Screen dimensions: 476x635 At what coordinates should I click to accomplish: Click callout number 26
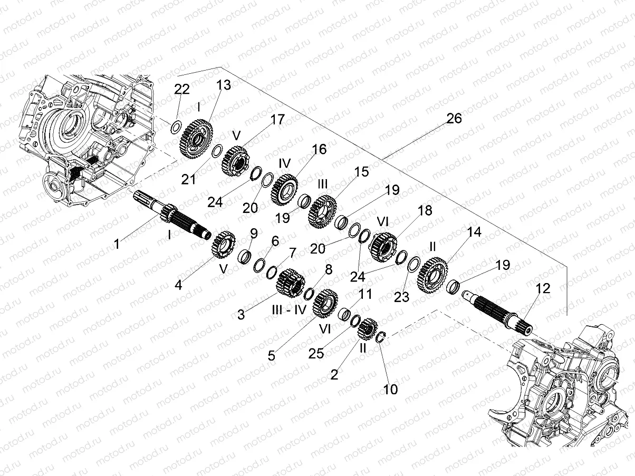[454, 119]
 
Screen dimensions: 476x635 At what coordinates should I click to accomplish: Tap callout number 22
[182, 89]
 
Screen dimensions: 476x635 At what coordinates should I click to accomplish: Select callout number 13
[224, 85]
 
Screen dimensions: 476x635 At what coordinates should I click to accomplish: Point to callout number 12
[543, 288]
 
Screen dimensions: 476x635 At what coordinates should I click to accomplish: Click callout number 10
[391, 390]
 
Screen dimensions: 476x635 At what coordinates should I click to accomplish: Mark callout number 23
[402, 297]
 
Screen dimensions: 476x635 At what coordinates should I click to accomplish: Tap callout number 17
[277, 120]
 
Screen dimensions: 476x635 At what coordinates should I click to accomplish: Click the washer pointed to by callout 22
[178, 127]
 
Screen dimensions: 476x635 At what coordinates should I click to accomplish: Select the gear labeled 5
[325, 304]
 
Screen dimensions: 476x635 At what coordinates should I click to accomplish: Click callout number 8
[329, 270]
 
